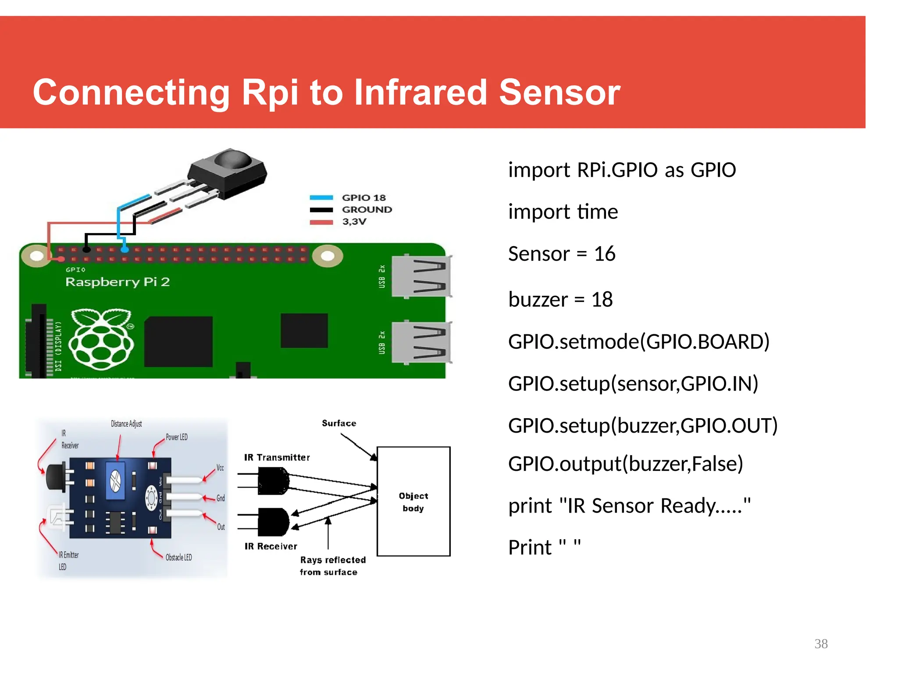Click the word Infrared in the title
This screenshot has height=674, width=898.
coord(420,93)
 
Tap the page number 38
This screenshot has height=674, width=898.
coord(821,644)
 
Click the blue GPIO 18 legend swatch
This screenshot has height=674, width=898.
coord(321,198)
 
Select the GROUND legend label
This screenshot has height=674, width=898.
coord(367,210)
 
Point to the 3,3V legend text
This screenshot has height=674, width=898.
coord(354,222)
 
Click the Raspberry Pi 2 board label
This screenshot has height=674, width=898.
coord(118,282)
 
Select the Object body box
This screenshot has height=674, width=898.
coord(413,502)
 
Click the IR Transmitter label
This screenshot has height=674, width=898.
coord(277,457)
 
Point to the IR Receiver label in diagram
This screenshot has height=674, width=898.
coord(271,546)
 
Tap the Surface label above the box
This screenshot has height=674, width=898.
coord(339,423)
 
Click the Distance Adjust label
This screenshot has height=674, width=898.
coord(126,424)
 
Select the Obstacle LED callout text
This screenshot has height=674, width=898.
coord(178,557)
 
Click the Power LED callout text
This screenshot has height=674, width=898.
coord(176,437)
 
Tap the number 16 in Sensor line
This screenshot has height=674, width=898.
coord(605,254)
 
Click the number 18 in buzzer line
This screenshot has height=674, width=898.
coord(602,300)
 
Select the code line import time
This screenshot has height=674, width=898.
coord(563,212)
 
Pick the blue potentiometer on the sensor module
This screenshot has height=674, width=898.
coord(115,480)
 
